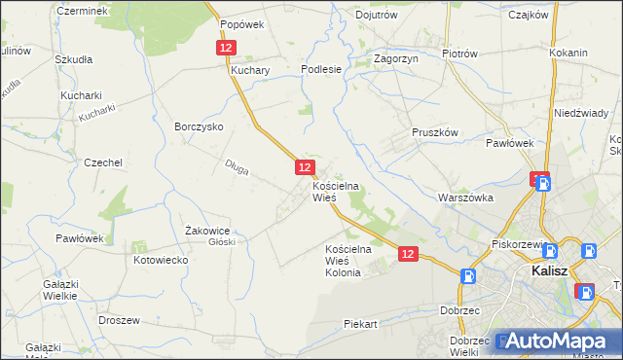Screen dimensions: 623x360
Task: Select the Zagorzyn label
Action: [395, 59]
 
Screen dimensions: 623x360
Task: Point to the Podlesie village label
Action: [320, 69]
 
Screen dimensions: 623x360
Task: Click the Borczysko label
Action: [199, 127]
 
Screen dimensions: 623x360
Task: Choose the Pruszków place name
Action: [434, 132]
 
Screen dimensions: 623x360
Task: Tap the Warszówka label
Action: [466, 198]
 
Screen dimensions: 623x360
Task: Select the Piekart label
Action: [359, 324]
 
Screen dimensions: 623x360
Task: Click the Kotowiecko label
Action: [160, 261]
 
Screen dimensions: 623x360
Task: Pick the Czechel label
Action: [102, 163]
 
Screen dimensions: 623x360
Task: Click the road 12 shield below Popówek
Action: [226, 48]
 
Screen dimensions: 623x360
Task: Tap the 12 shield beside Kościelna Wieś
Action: [305, 168]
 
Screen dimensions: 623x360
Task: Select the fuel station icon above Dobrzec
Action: [469, 276]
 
